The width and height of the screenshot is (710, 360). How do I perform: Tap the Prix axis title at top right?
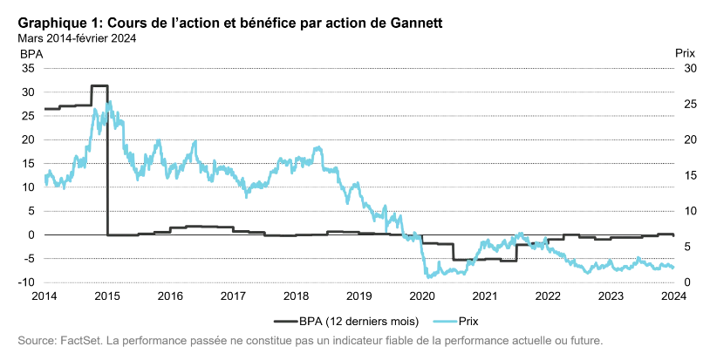(686, 54)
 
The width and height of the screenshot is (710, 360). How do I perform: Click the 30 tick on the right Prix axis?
(690, 68)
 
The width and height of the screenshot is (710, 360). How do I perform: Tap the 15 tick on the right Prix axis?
(690, 175)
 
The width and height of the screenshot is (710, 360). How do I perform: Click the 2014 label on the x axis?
(44, 295)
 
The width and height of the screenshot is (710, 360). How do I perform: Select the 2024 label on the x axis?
(673, 295)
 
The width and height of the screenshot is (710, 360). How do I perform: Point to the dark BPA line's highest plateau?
(99, 86)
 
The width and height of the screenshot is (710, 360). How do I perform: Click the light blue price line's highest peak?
(108, 103)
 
